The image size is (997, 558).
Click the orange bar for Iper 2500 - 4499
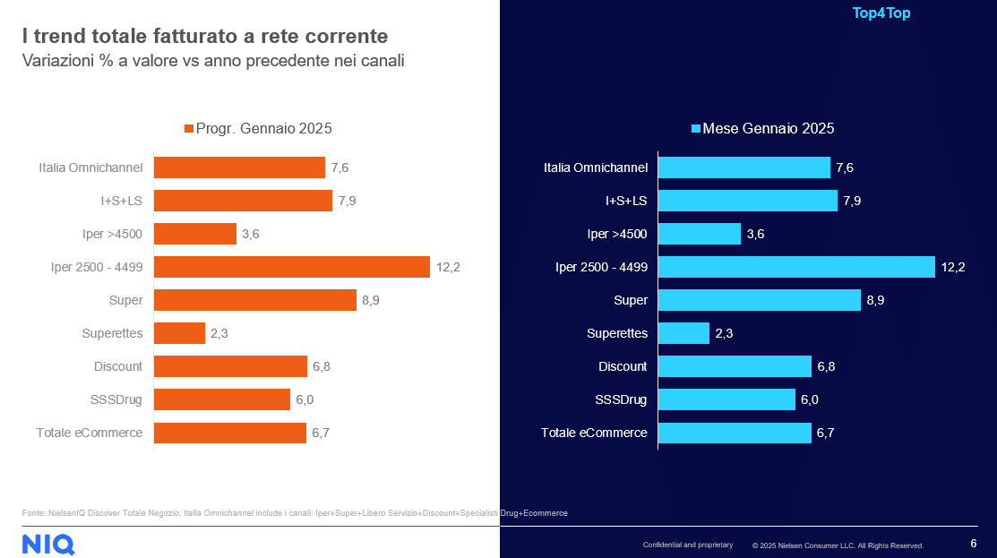(x=292, y=267)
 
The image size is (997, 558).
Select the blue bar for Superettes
(x=684, y=333)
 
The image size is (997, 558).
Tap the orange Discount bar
(x=230, y=366)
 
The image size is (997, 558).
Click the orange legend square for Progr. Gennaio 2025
(x=188, y=129)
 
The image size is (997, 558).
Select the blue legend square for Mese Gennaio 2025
(x=695, y=129)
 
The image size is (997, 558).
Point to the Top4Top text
(x=881, y=13)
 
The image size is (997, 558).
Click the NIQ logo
(x=47, y=543)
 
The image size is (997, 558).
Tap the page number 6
(x=974, y=544)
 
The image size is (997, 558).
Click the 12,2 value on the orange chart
(x=448, y=267)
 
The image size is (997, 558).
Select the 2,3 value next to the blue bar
(x=725, y=333)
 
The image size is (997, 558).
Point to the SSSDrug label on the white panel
(x=117, y=399)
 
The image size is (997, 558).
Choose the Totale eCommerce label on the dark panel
(x=594, y=433)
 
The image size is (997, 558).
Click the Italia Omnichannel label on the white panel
(x=90, y=167)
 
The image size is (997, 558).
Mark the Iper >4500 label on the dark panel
(x=617, y=234)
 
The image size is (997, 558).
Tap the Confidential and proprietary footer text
(x=687, y=545)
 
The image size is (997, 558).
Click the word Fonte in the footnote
(x=33, y=513)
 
